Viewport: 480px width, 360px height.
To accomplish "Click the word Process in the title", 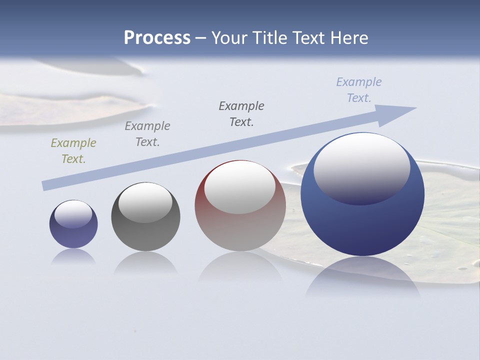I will (x=157, y=38).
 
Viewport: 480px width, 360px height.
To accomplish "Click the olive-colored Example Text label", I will (x=73, y=151).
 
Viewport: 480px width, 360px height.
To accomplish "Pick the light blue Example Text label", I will (x=359, y=89).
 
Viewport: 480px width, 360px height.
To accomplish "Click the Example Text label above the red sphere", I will (x=241, y=113).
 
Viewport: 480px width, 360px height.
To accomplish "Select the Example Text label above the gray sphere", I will (x=147, y=133).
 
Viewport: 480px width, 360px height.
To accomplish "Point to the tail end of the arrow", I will (x=46, y=185).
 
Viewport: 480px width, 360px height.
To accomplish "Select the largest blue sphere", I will (x=362, y=225).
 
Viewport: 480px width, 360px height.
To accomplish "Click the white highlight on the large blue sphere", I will (x=361, y=167).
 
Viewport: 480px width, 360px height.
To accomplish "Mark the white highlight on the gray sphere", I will (x=145, y=201).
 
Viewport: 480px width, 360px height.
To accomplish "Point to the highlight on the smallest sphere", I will (x=73, y=214).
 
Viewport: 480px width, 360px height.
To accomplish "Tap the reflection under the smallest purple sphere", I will (x=73, y=256).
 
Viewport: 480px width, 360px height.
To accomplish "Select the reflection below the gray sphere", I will (x=145, y=262).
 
